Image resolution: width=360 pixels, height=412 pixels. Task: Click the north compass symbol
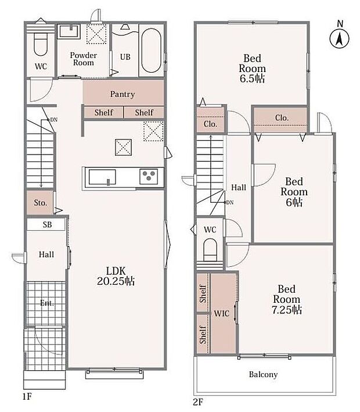coord(340,38)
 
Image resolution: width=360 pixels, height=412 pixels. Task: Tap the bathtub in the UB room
coord(152,51)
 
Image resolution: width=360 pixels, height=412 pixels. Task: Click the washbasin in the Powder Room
coord(69,31)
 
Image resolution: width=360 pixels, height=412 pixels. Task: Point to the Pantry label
coord(123,94)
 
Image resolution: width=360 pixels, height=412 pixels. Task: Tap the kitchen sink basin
coord(102,177)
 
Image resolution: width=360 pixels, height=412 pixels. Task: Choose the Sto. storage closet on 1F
coord(40,202)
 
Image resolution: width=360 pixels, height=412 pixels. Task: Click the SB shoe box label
coord(47,225)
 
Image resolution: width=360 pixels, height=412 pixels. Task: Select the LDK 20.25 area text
coord(116,276)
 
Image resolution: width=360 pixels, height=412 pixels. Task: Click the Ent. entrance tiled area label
coord(46,303)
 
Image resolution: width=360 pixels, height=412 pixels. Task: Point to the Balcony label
coord(263,374)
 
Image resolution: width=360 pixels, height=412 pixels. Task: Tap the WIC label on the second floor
coord(221,313)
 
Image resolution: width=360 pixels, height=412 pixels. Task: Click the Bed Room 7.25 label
coord(286,299)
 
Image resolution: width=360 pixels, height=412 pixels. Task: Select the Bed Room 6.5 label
coord(253,69)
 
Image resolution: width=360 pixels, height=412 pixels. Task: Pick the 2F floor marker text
coord(199,402)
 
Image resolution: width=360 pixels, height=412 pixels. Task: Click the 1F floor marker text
coord(27,396)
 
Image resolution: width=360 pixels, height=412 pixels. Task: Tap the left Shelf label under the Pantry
coord(104,113)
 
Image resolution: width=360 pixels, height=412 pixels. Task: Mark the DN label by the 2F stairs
coord(230,202)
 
